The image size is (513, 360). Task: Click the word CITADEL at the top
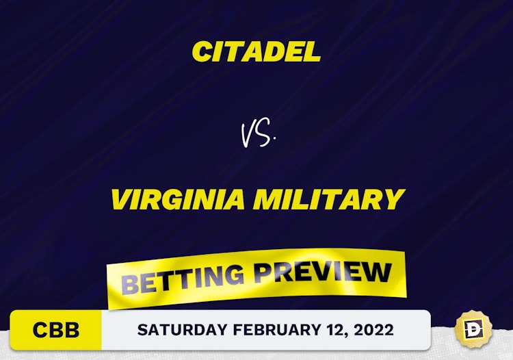point(256,51)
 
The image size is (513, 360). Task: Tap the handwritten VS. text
point(257,133)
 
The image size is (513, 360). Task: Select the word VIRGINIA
point(178,200)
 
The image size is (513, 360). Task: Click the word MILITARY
point(329,200)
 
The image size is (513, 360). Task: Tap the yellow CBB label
point(56,330)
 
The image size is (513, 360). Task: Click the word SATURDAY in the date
point(182,330)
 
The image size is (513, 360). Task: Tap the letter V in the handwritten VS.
point(250,134)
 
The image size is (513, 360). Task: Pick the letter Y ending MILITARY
point(393,200)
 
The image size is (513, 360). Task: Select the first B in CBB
point(56,330)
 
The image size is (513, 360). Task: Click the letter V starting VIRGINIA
point(122,200)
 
